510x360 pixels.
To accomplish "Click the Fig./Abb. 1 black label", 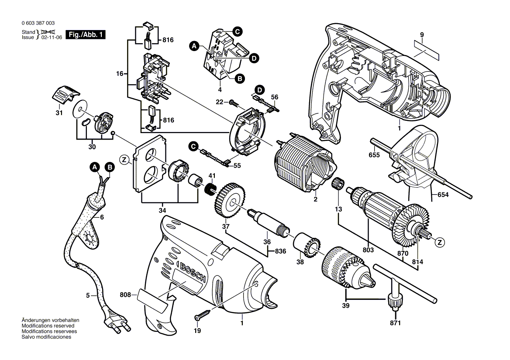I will tap(85, 34).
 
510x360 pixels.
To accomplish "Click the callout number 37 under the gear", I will tap(225, 226).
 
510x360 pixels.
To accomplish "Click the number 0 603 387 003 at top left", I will tap(38, 23).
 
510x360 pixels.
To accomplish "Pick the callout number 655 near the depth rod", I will tap(374, 154).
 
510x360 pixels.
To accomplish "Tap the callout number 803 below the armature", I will tap(368, 250).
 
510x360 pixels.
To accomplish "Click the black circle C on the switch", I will tap(237, 31).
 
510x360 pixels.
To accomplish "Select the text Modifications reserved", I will tap(48, 326).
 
